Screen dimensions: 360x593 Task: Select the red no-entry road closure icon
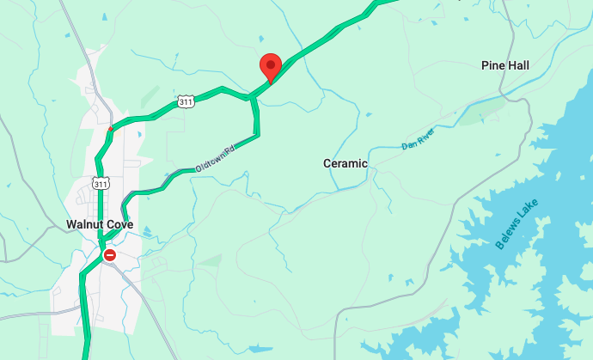pyautogui.click(x=110, y=255)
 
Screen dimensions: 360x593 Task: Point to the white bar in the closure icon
pyautogui.click(x=110, y=255)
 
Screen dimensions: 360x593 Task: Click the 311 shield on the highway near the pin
pyautogui.click(x=186, y=101)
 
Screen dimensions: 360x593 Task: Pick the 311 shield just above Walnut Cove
pyautogui.click(x=101, y=184)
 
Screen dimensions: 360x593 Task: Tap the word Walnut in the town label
pyautogui.click(x=85, y=225)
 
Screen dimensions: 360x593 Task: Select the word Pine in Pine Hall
pyautogui.click(x=493, y=65)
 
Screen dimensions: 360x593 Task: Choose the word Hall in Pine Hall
pyautogui.click(x=517, y=65)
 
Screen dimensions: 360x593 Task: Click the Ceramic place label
pyautogui.click(x=345, y=163)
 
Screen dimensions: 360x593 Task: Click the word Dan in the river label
pyautogui.click(x=408, y=144)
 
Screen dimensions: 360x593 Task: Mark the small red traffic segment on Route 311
pyautogui.click(x=110, y=130)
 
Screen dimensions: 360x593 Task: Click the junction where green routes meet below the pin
pyautogui.click(x=253, y=97)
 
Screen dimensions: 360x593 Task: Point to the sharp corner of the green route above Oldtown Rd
pyautogui.click(x=258, y=133)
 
